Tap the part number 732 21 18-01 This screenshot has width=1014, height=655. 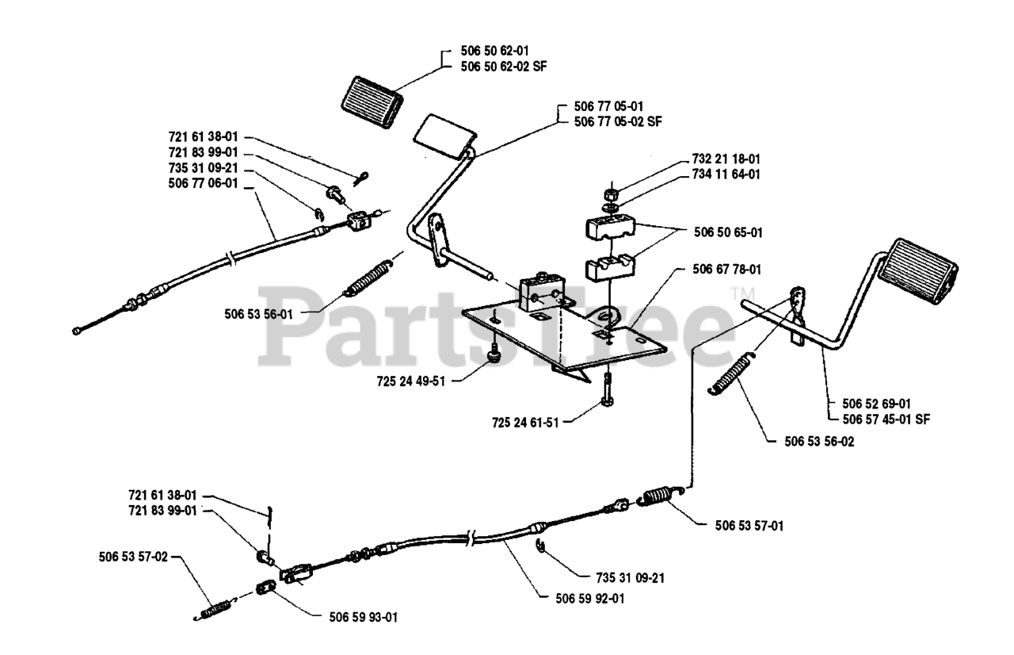pyautogui.click(x=726, y=159)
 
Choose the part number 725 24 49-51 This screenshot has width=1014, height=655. pyautogui.click(x=411, y=381)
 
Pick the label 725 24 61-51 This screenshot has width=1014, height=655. pyautogui.click(x=524, y=423)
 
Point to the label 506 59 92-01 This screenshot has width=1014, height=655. pyautogui.click(x=591, y=599)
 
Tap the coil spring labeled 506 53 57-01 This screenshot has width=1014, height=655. pyautogui.click(x=655, y=498)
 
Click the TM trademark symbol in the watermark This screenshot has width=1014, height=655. pyautogui.click(x=749, y=297)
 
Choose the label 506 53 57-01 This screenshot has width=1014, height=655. pyautogui.click(x=749, y=525)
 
